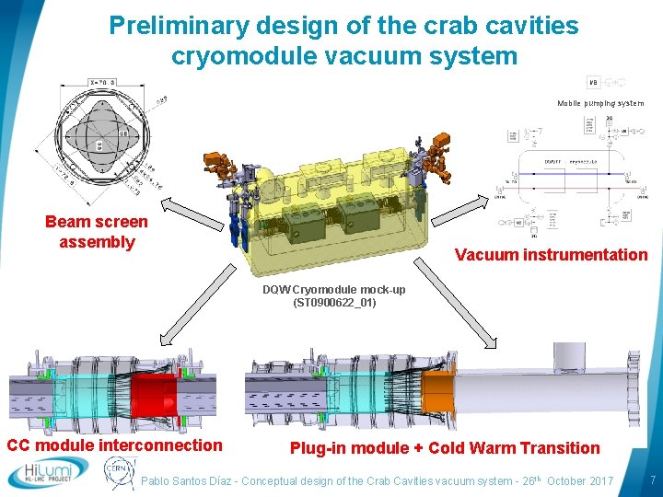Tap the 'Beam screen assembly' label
pyautogui.click(x=97, y=232)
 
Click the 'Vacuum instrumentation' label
pyautogui.click(x=551, y=255)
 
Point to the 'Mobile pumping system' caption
pyautogui.click(x=600, y=103)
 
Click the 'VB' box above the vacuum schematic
pyautogui.click(x=594, y=82)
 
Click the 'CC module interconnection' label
pyautogui.click(x=115, y=446)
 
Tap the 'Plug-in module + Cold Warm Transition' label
pyautogui.click(x=445, y=448)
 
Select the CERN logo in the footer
pyautogui.click(x=119, y=473)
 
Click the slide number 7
pyautogui.click(x=652, y=480)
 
